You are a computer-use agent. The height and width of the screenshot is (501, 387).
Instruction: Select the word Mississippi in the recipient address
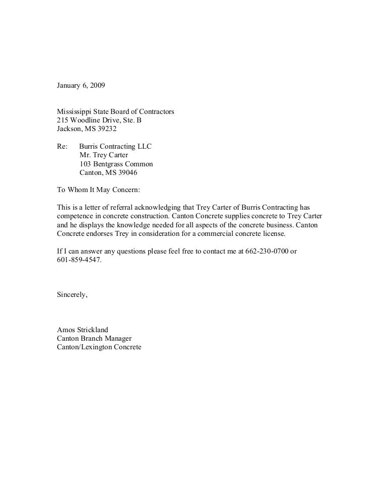(75, 111)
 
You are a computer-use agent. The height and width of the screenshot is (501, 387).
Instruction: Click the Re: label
(62, 146)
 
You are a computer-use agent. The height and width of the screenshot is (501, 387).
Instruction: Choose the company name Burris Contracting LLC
(115, 146)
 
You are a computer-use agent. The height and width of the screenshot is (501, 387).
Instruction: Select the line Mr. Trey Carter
(104, 155)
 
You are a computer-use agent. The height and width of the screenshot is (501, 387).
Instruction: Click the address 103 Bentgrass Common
(116, 164)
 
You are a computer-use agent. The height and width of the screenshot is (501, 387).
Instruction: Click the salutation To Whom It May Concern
(97, 190)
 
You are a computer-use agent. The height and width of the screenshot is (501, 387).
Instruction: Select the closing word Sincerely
(72, 295)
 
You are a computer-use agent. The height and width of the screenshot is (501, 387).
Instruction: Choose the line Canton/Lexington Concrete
(99, 347)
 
